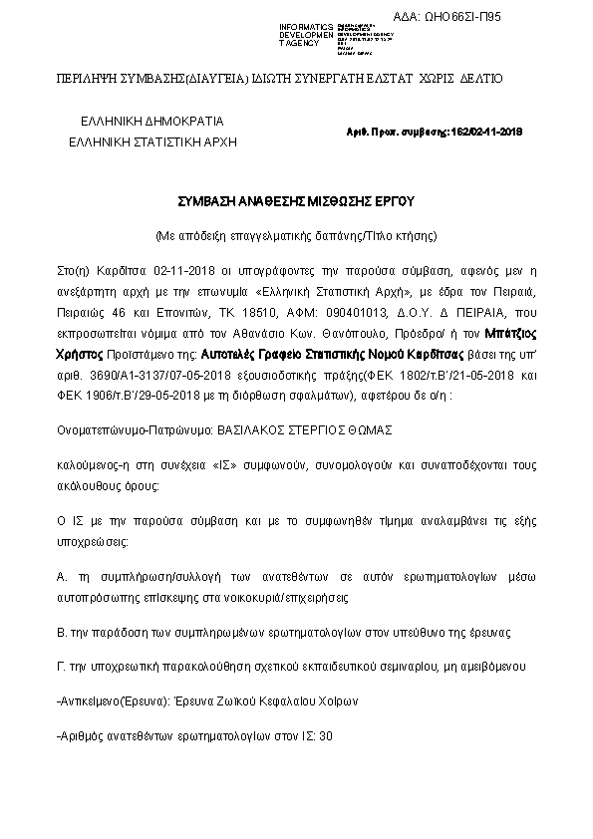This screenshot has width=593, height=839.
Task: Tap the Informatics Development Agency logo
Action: coord(325,35)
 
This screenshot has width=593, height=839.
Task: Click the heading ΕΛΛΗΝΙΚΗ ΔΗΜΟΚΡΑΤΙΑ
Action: coord(152,122)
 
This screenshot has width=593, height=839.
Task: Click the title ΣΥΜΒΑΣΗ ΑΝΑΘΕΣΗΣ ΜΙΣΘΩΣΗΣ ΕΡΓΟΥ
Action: coord(295,200)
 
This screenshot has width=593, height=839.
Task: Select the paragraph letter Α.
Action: coord(63,577)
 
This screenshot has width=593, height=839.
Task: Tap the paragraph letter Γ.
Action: coord(62,665)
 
